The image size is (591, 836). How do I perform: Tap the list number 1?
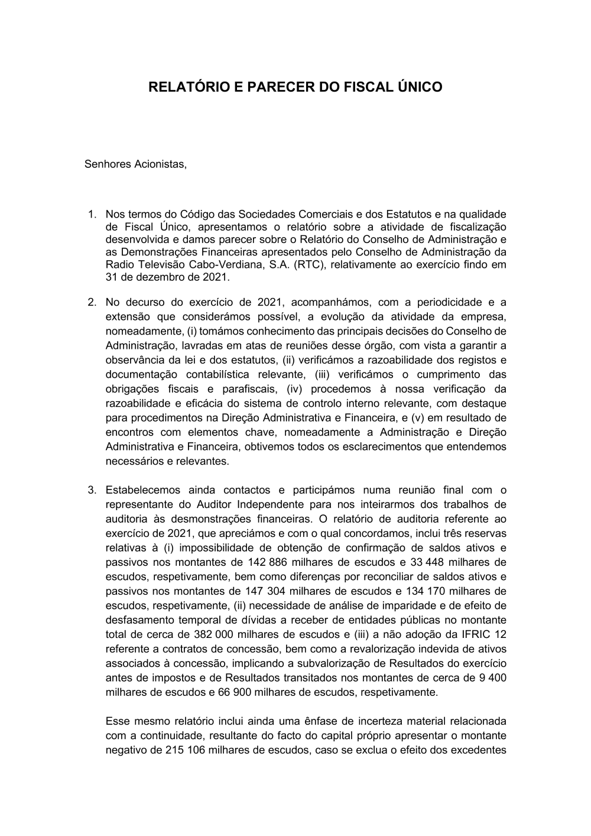pos(91,214)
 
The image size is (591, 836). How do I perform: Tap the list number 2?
pos(91,303)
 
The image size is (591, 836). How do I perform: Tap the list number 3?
pos(91,490)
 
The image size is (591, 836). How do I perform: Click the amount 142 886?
pos(264,562)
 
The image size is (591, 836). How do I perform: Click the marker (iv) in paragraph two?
pos(295,389)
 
